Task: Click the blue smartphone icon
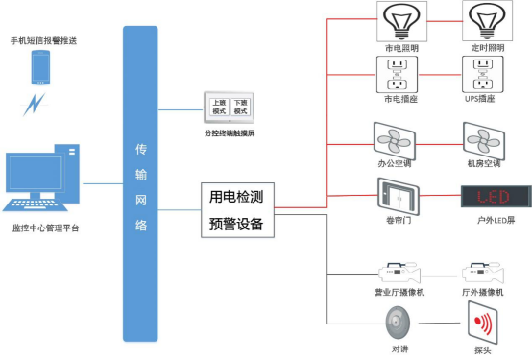pyautogui.click(x=40, y=68)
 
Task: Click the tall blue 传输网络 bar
pyautogui.click(x=140, y=182)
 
